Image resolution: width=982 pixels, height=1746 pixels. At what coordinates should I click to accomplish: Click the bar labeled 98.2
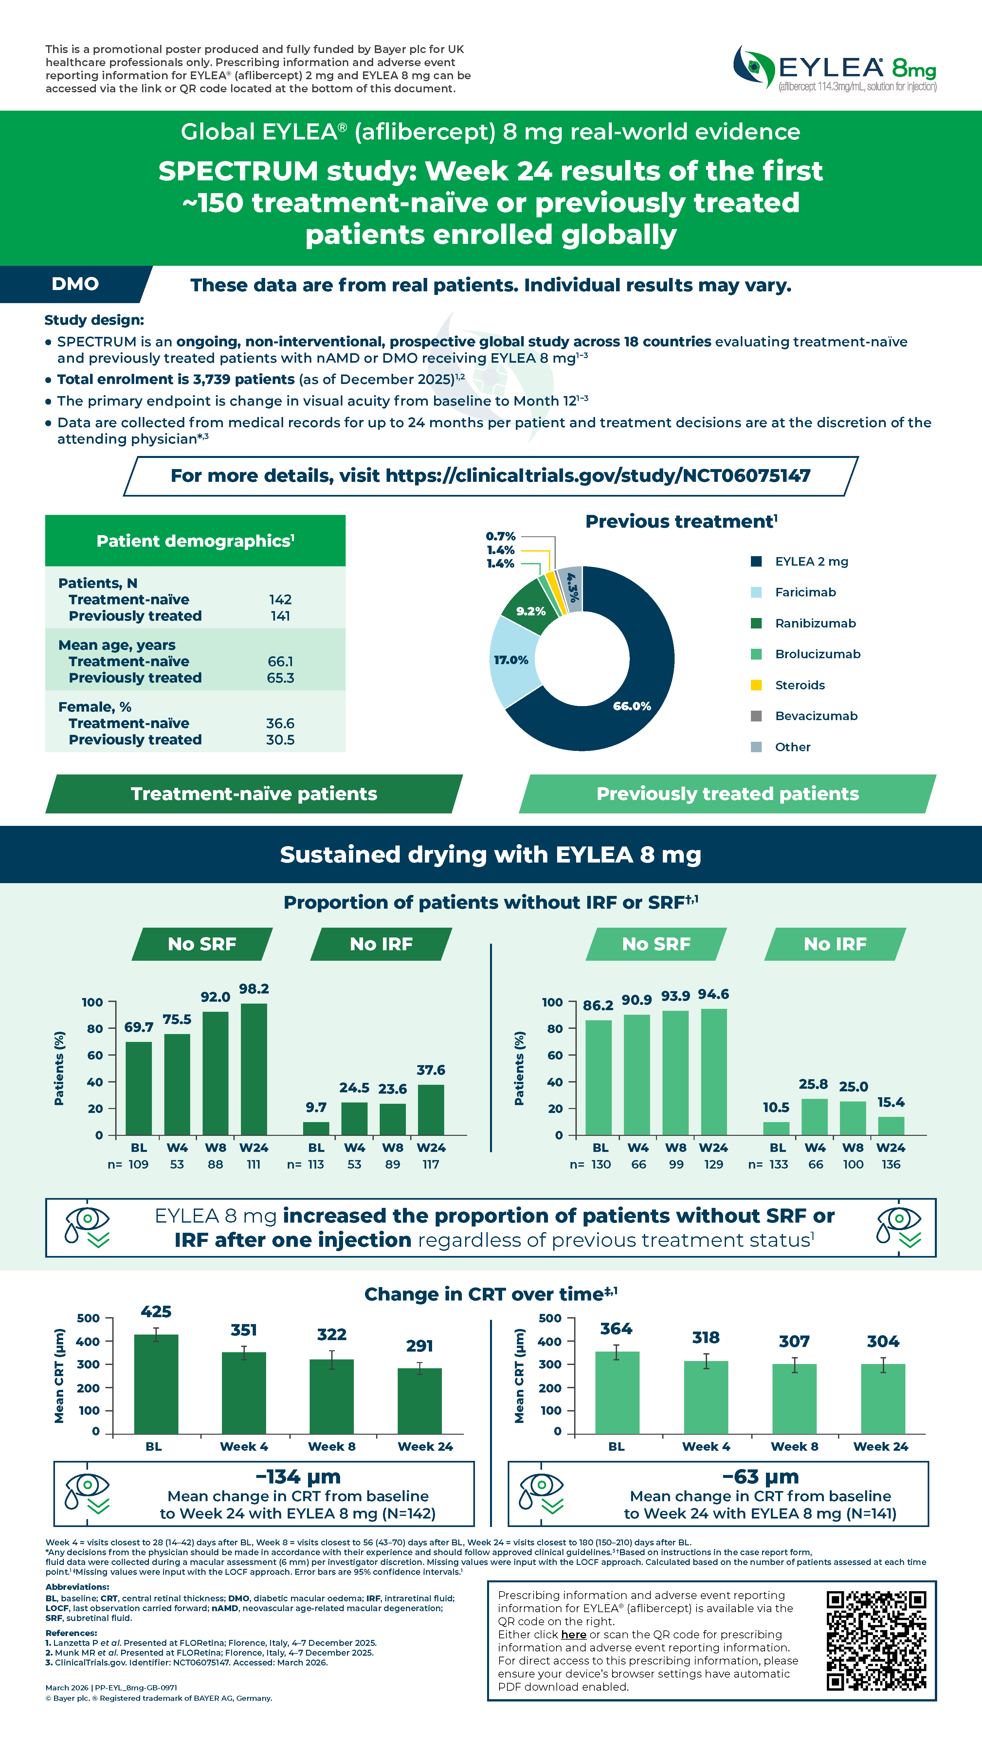pyautogui.click(x=253, y=1069)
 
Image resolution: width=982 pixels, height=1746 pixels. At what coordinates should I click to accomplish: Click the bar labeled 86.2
pyautogui.click(x=598, y=1077)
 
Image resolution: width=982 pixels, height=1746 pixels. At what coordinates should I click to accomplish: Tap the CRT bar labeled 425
pyautogui.click(x=156, y=1384)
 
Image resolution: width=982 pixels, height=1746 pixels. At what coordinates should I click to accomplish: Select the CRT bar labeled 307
pyautogui.click(x=794, y=1399)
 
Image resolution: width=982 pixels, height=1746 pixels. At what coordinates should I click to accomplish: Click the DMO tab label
pyautogui.click(x=75, y=284)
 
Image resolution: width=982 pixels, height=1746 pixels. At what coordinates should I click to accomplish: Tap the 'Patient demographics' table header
pyautogui.click(x=195, y=541)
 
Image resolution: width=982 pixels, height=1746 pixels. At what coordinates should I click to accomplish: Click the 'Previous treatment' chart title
pyautogui.click(x=681, y=521)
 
